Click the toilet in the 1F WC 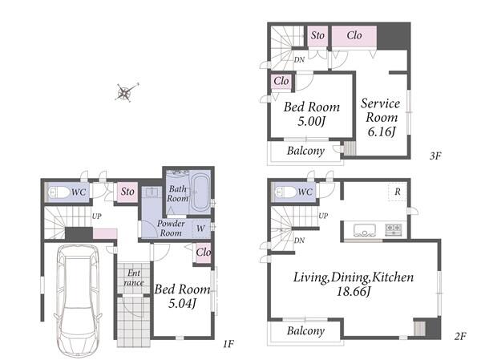click(59, 192)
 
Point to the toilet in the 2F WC click(286, 192)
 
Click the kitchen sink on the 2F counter click(365, 230)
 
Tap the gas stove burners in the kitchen click(394, 229)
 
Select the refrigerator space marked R click(398, 192)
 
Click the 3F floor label click(435, 156)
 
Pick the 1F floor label click(228, 344)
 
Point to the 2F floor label click(460, 336)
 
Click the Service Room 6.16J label click(381, 117)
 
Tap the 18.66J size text click(354, 291)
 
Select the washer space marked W click(200, 229)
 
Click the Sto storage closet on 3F click(317, 35)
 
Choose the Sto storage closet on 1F click(127, 192)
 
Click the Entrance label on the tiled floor click(134, 277)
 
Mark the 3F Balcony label click(306, 151)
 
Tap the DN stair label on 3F click(299, 60)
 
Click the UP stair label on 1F click(97, 216)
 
